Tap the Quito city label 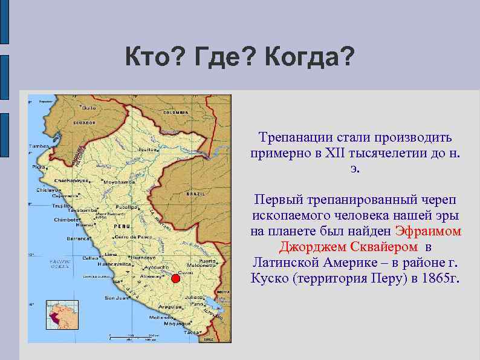tap(89, 107)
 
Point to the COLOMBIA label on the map tap(175, 112)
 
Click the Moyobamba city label tap(118, 182)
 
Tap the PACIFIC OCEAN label tap(60, 264)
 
